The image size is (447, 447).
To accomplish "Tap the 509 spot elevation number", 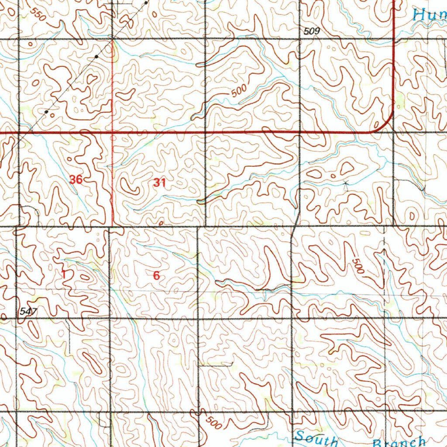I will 312,31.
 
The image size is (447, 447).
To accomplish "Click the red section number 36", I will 76,179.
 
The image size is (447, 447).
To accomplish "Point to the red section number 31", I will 159,183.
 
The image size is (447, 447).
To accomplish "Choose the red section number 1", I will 64,275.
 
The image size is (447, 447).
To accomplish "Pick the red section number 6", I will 156,275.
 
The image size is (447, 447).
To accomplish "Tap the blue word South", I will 316,438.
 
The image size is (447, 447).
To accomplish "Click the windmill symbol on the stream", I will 346,184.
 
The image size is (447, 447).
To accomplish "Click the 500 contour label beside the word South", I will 213,422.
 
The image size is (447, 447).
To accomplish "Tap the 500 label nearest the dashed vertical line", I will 357,266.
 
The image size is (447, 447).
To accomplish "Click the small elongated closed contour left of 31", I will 130,186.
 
